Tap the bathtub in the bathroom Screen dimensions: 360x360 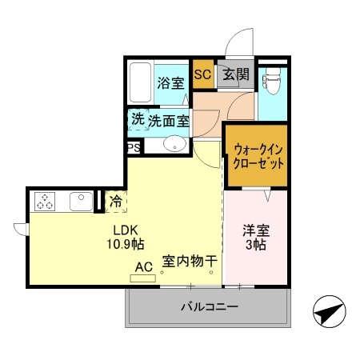click(141, 82)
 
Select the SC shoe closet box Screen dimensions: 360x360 click(202, 75)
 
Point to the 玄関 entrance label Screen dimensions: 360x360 click(234, 75)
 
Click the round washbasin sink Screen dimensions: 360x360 click(174, 145)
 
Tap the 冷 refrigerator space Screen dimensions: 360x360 click(115, 201)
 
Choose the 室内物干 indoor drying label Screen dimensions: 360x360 click(190, 261)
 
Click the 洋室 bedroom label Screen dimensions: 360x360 click(256, 230)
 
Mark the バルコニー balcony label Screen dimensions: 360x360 click(208, 306)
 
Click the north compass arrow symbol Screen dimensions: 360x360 click(328, 311)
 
